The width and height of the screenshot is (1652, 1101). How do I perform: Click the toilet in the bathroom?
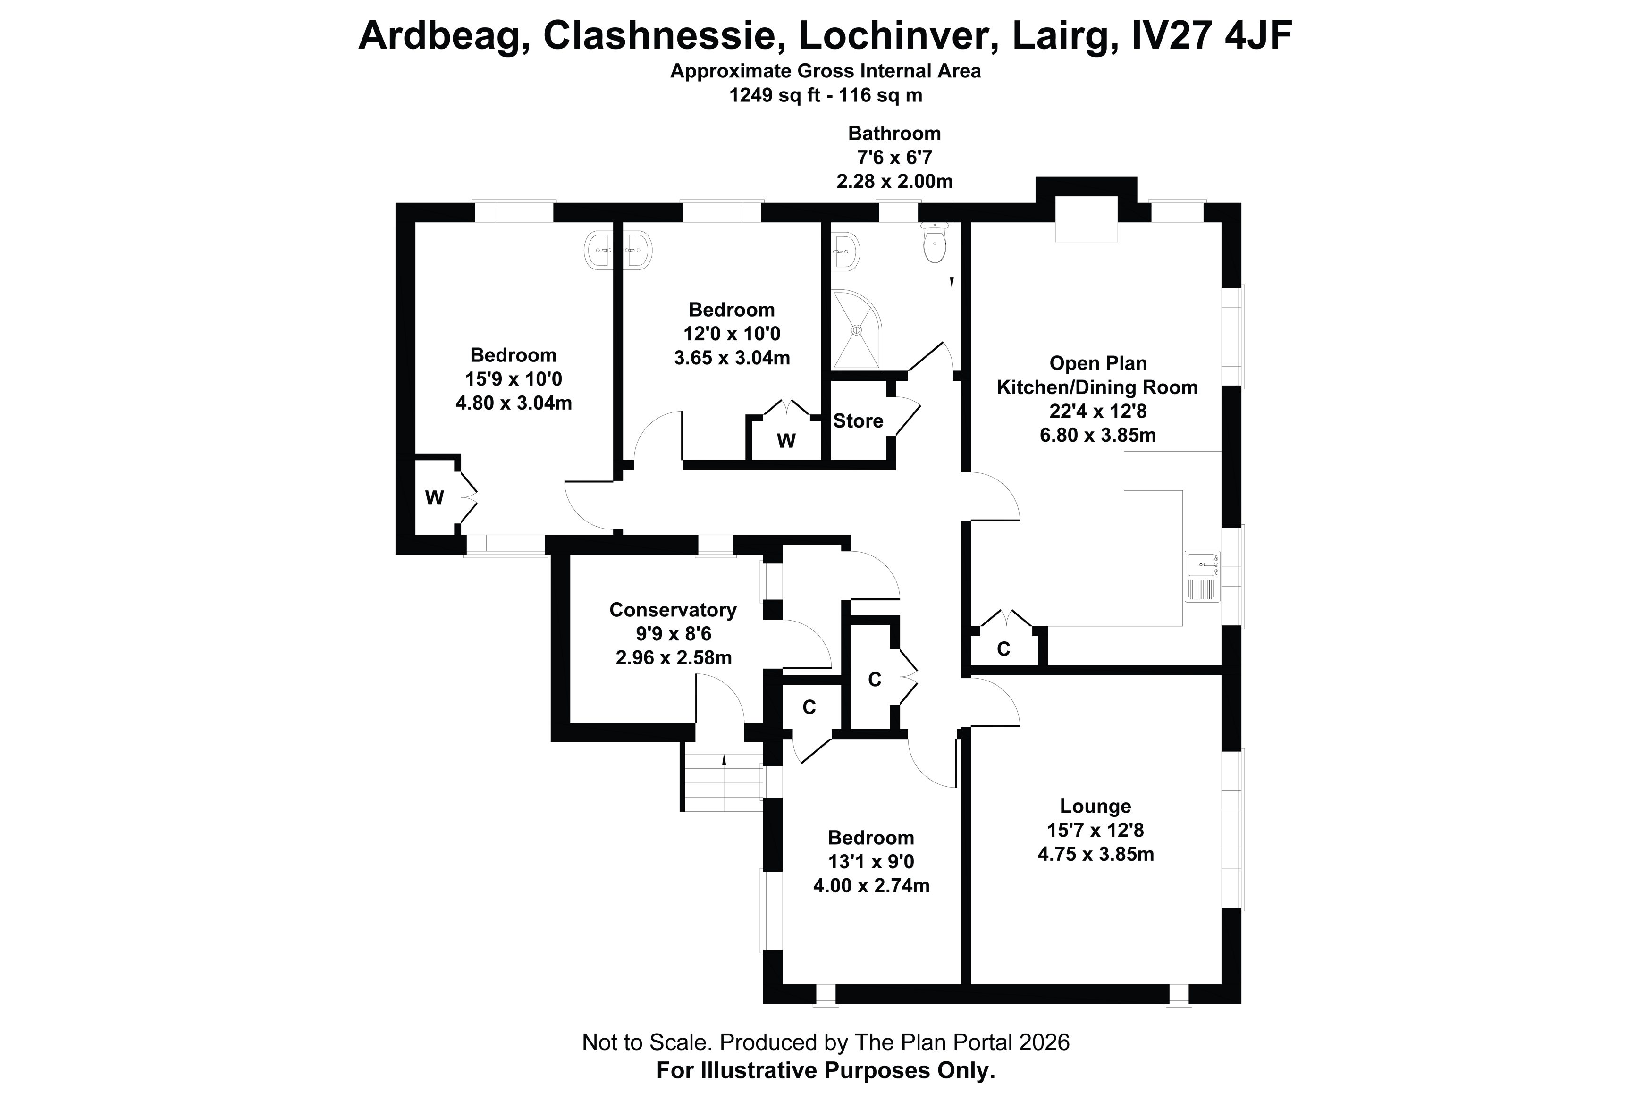click(935, 242)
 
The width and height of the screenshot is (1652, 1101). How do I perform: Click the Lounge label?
click(1095, 806)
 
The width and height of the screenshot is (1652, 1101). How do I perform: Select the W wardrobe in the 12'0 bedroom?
click(785, 440)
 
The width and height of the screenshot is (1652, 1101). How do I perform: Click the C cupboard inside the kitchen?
click(1004, 649)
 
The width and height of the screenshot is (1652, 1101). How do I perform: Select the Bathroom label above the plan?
click(894, 134)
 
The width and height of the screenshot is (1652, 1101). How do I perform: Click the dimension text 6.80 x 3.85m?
click(1097, 435)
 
